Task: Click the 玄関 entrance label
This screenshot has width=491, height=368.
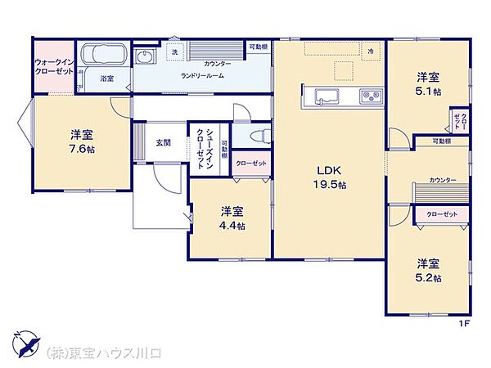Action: [164, 143]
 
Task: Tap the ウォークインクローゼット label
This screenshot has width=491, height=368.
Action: [54, 67]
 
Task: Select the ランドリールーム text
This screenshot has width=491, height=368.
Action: [202, 75]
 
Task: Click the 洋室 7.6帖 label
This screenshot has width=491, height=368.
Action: [80, 141]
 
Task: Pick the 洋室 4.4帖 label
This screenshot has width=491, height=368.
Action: [232, 218]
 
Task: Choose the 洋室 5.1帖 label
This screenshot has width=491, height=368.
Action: [429, 84]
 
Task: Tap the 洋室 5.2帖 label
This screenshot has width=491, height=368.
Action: [429, 271]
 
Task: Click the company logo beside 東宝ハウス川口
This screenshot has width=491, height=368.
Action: [24, 344]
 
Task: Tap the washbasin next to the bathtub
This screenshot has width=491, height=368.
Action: [146, 56]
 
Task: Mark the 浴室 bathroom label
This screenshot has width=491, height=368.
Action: [106, 79]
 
